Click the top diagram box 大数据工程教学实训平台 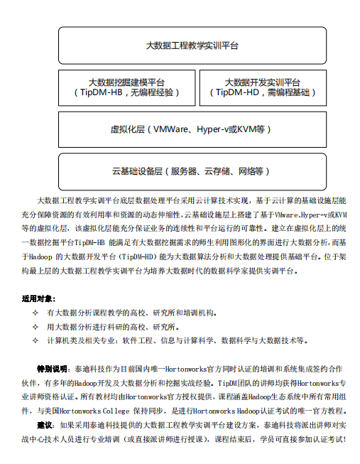(192, 45)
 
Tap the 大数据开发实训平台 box (262, 87)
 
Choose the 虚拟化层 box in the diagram (192, 129)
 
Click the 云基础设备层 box (192, 171)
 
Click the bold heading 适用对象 (38, 298)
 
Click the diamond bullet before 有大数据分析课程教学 (36, 313)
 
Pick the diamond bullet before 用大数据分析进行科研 (36, 327)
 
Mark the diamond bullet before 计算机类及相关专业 (36, 341)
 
